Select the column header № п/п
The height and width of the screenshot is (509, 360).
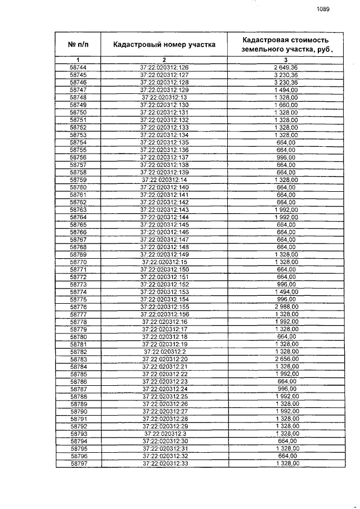click(78, 44)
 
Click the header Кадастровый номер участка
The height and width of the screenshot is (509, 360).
click(164, 44)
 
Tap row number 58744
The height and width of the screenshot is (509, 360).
click(78, 67)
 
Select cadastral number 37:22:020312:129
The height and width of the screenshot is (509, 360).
click(164, 90)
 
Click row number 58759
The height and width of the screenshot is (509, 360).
click(78, 179)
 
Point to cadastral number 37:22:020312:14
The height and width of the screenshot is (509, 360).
click(164, 179)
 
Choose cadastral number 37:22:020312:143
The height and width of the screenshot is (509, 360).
click(164, 209)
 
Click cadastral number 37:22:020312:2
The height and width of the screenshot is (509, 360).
click(164, 352)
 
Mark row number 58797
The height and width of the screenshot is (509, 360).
click(78, 463)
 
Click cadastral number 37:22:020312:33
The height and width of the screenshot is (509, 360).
click(164, 463)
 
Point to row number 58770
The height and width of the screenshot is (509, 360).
click(78, 262)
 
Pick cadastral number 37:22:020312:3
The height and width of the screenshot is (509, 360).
click(164, 434)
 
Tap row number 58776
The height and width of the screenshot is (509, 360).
click(78, 307)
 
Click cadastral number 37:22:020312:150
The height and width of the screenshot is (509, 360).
click(164, 269)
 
